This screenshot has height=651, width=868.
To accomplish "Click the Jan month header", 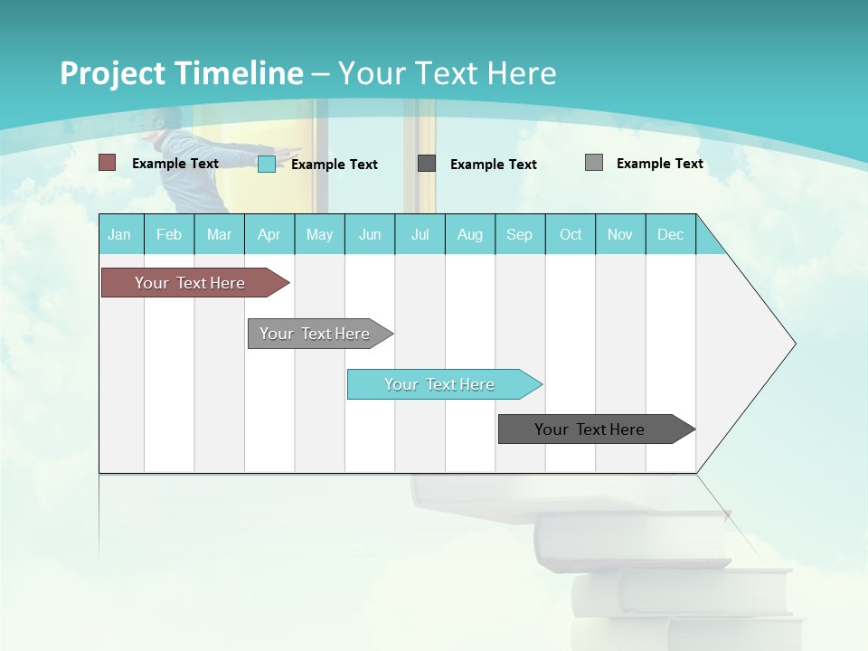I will (120, 234).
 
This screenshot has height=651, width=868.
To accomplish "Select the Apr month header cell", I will (269, 234).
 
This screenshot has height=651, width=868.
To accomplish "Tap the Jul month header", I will (420, 234).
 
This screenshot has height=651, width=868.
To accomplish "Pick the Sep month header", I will (520, 234).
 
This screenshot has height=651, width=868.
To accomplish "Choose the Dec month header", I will (671, 234).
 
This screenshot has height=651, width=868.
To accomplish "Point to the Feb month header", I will (169, 234).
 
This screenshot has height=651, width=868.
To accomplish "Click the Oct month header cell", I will (571, 234).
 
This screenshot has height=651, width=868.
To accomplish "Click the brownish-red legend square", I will (108, 163).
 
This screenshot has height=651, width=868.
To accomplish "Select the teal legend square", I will (267, 164).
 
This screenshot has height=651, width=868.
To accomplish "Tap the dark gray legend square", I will (427, 164).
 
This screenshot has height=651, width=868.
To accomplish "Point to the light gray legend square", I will (594, 163).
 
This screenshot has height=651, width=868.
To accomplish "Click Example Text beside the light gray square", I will (659, 163).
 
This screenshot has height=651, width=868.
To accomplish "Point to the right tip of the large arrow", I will (794, 344).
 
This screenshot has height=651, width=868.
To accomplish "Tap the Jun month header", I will (370, 234).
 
